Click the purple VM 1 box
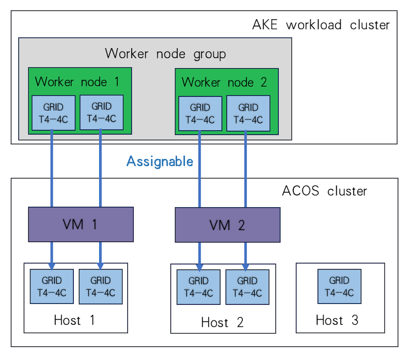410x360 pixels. [81, 224]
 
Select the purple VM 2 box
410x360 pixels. [227, 225]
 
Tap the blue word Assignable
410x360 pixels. [160, 162]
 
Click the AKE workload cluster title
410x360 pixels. [321, 25]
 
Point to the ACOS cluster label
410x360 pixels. [324, 191]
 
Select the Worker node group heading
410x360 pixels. [165, 54]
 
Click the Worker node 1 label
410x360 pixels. [77, 82]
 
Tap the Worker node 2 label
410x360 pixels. [224, 82]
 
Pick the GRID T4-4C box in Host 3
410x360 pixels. [339, 287]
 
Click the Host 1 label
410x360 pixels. [74, 320]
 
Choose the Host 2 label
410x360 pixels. [222, 322]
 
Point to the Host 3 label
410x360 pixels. [337, 320]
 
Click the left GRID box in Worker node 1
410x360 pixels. [54, 113]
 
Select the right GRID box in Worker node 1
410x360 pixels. [102, 112]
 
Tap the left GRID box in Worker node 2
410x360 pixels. [200, 114]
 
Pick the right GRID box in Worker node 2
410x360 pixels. [248, 113]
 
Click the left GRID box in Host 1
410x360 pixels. [52, 287]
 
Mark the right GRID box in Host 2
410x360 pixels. [247, 287]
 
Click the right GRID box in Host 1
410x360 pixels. [101, 287]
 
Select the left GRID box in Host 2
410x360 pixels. [199, 287]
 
